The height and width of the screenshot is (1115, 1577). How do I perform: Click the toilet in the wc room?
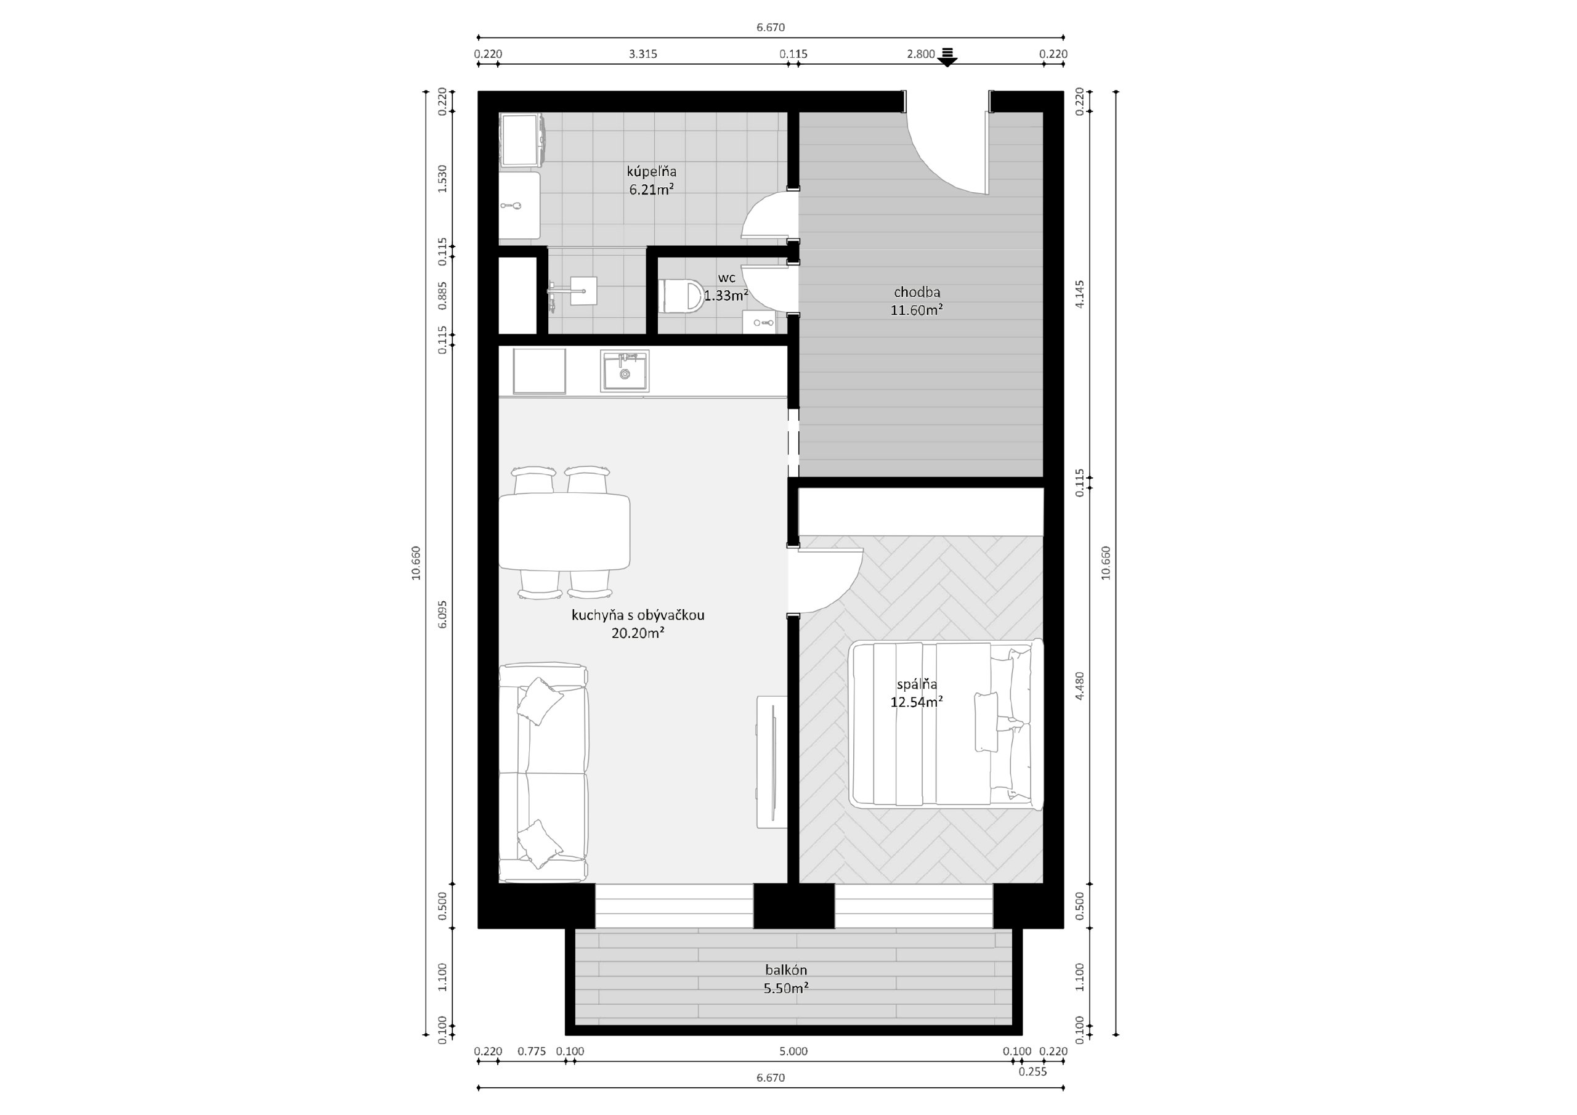(x=681, y=296)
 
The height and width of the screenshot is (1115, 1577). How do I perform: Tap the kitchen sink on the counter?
(x=625, y=371)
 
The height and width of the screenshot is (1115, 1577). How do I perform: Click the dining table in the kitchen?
(x=564, y=532)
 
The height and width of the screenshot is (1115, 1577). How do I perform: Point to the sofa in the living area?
(x=543, y=773)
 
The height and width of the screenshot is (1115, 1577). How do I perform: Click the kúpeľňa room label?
(x=651, y=171)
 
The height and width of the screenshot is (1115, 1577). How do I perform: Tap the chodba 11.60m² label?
(x=916, y=301)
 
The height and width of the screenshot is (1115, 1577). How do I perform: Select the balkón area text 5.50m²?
(x=786, y=989)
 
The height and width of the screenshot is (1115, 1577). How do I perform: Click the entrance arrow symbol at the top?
(x=948, y=57)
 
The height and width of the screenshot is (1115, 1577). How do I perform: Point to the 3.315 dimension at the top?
(x=643, y=54)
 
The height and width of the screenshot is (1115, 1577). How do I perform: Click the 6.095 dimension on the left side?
(x=442, y=614)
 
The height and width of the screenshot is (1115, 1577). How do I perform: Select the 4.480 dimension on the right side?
(x=1080, y=686)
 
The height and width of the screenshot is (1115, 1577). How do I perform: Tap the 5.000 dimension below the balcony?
(x=793, y=1051)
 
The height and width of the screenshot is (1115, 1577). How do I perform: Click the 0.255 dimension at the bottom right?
(x=1032, y=1072)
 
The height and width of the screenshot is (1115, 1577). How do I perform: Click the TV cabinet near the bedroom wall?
(x=772, y=762)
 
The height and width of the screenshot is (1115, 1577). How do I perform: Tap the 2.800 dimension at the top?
(x=920, y=54)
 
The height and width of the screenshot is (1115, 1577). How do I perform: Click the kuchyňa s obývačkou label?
(x=638, y=615)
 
